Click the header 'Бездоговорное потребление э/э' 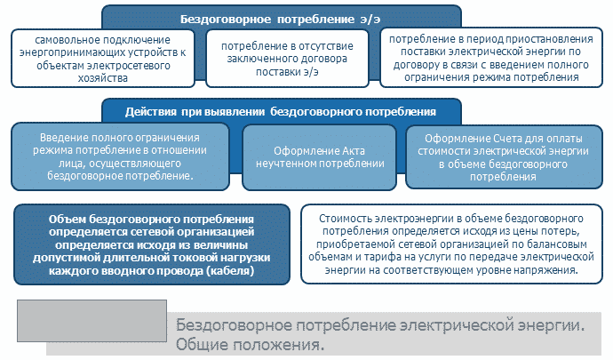tap(281, 20)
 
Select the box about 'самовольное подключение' tap(103, 59)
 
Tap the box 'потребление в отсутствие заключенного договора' tap(287, 59)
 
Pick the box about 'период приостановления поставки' tap(491, 58)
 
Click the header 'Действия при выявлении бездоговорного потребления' tap(281, 112)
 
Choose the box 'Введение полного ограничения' tap(120, 156)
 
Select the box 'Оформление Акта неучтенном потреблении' tap(320, 157)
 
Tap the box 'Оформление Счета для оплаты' tap(504, 157)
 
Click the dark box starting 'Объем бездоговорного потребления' tap(152, 244)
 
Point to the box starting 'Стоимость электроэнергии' tap(451, 244)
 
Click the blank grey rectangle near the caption tap(92, 321)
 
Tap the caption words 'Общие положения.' tap(250, 345)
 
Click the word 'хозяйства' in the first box tap(103, 78)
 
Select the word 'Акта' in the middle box tap(350, 150)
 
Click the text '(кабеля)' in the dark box tap(230, 270)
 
